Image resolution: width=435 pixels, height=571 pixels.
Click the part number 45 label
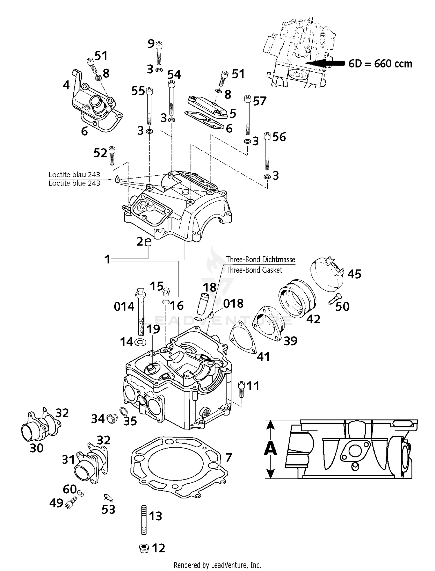pos(354,274)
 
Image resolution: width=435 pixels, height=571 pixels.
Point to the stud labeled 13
pos(144,520)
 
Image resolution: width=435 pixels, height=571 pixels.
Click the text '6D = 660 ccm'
pos(380,63)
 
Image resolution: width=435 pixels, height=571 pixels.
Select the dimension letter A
pos(271,449)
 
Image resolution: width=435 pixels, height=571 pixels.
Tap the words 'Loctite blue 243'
pos(74,183)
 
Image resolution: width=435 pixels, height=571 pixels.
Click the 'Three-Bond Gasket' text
pos(254,270)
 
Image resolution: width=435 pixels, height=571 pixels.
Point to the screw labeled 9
pos(159,53)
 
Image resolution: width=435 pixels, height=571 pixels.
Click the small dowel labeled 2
pos(148,242)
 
